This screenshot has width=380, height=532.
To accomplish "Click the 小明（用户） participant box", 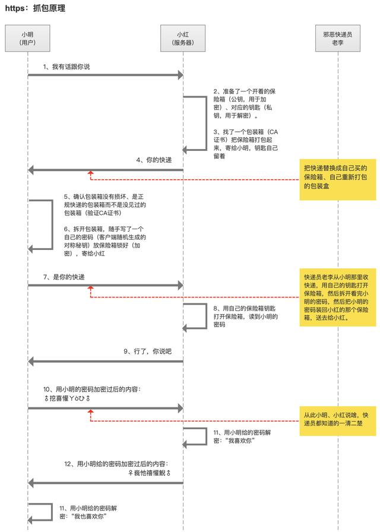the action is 27,39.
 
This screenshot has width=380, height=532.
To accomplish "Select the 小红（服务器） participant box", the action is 183,39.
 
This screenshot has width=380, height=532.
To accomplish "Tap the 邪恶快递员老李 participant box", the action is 338,39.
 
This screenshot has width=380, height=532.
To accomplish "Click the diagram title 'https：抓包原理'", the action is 35,8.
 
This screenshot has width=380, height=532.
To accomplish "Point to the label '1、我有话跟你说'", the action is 66,67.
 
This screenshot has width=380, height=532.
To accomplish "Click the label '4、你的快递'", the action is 154,160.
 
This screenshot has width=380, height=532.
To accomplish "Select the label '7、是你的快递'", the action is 64,277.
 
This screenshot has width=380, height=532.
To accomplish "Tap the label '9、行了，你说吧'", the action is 148,351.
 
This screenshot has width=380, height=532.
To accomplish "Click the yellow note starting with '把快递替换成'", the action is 338,180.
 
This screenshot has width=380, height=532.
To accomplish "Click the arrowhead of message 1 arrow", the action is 180,75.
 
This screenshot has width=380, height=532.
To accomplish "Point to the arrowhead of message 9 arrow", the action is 30,362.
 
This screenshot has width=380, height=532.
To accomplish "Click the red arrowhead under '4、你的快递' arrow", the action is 91,173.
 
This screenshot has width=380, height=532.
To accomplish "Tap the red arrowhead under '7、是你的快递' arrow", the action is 91,288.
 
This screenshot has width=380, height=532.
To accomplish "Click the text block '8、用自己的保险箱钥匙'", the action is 246,316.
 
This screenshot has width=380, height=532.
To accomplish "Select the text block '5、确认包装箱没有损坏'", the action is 105,205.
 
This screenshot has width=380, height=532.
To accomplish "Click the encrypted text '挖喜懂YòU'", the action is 67,398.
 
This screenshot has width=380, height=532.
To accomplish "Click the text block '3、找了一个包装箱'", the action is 246,144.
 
